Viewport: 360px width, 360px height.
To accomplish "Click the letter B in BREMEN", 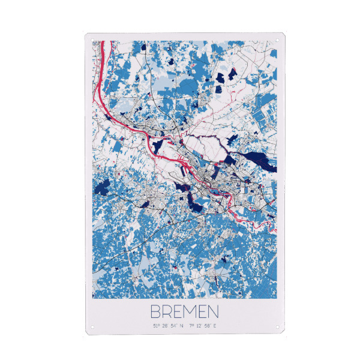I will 154,312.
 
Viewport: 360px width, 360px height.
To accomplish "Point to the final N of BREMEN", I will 213,312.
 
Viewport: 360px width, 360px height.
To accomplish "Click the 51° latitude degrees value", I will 156,326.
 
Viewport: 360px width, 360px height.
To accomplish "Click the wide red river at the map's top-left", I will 103,72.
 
